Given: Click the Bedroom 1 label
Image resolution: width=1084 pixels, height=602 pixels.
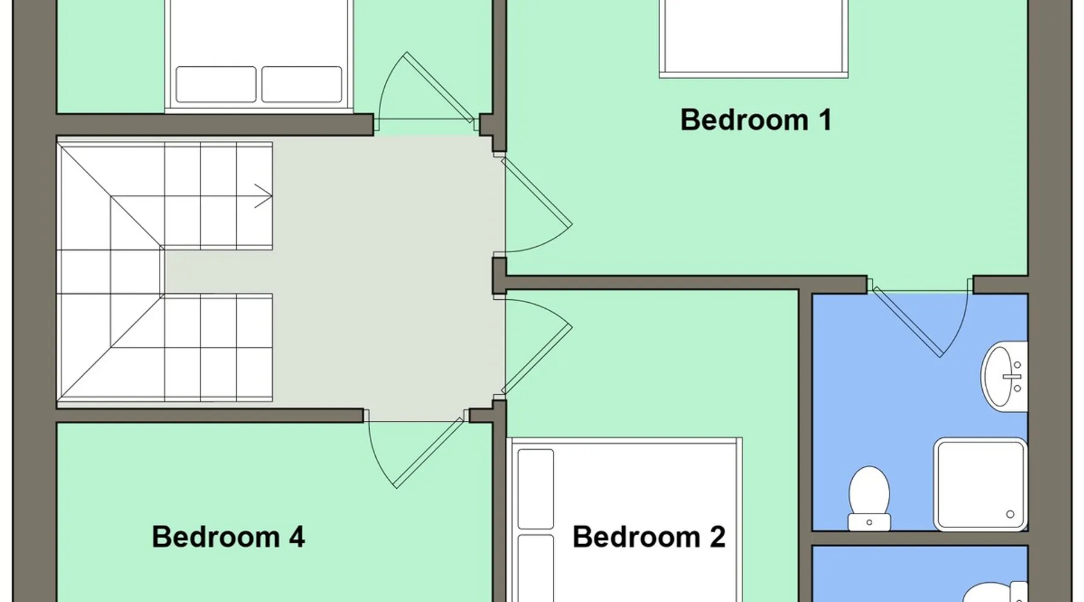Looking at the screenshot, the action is (756, 120).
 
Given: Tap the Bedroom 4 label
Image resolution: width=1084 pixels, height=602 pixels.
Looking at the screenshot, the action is (228, 536).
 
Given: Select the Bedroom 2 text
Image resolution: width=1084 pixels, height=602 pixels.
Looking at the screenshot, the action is (649, 536).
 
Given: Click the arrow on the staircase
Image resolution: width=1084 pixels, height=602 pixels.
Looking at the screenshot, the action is (263, 196).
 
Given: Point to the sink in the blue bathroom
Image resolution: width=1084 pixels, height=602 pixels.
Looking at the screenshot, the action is (1004, 376).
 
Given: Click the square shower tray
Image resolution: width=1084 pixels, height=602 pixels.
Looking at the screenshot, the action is (980, 485).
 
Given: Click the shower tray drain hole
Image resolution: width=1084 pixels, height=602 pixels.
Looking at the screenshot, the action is (1010, 514).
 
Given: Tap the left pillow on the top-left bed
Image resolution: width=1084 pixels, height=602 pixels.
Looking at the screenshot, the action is (216, 84).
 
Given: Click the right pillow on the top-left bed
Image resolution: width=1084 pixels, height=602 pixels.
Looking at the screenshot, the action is (302, 84).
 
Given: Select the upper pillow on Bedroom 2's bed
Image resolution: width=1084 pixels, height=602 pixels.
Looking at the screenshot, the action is (535, 489).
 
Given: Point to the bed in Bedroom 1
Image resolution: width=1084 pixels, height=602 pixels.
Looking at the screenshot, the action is (753, 39).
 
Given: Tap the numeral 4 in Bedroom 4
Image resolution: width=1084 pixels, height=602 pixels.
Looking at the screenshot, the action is (296, 536).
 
